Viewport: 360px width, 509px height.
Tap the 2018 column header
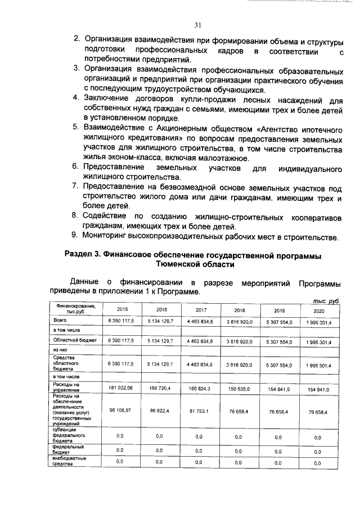pyautogui.click(x=238, y=309)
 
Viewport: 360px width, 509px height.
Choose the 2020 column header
pyautogui.click(x=319, y=310)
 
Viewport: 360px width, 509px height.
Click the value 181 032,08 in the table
pyautogui.click(x=120, y=388)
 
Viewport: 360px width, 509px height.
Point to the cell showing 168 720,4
pyautogui.click(x=159, y=388)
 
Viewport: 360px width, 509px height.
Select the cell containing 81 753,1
pyautogui.click(x=199, y=411)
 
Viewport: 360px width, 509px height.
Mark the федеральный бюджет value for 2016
pyautogui.click(x=159, y=450)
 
